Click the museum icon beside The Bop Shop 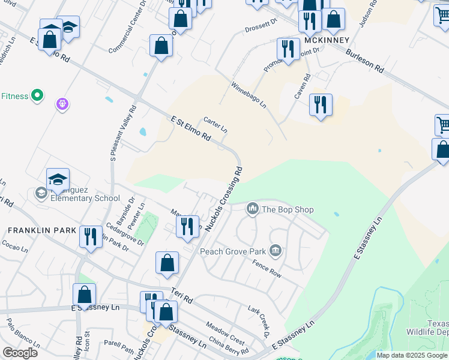tap(252, 209)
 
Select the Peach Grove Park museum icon tap(276, 250)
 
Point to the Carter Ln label tap(215, 125)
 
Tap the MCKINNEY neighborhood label tap(327, 40)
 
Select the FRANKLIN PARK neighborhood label tap(42, 230)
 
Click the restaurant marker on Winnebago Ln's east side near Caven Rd tap(321, 105)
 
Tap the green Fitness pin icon tap(37, 95)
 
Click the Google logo tap(20, 353)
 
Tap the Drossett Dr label tap(261, 25)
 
